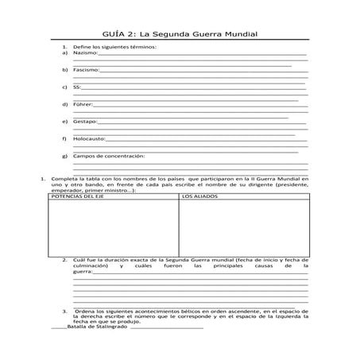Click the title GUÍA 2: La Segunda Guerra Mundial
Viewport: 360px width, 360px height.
[x=182, y=35]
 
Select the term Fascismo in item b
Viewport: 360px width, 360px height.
[x=86, y=70]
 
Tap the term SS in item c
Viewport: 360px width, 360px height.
[x=76, y=87]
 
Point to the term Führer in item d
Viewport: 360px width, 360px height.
[x=83, y=104]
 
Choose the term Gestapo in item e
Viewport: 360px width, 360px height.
[x=85, y=121]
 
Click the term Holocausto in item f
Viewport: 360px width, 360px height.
[x=89, y=138]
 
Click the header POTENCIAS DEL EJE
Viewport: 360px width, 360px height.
[x=78, y=195]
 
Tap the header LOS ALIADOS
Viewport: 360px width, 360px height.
[x=199, y=195]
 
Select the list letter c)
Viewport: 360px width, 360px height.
[x=64, y=87]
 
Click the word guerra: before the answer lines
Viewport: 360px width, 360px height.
[x=83, y=273]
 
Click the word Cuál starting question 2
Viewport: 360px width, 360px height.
[x=80, y=260]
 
